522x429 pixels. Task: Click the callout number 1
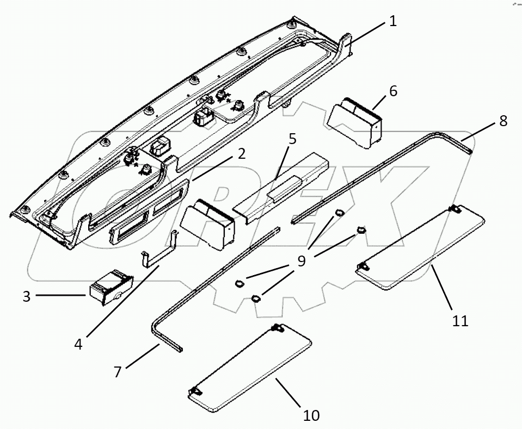[392, 21]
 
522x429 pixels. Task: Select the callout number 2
[241, 153]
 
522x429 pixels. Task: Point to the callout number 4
[78, 344]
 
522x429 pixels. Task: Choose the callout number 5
[292, 138]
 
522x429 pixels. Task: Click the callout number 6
[392, 91]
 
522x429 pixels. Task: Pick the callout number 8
[502, 121]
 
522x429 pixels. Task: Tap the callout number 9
[302, 261]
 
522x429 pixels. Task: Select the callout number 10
[311, 416]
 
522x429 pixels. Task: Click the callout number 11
[460, 321]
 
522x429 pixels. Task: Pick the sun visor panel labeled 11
[420, 246]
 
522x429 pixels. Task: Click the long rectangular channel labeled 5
[283, 185]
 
